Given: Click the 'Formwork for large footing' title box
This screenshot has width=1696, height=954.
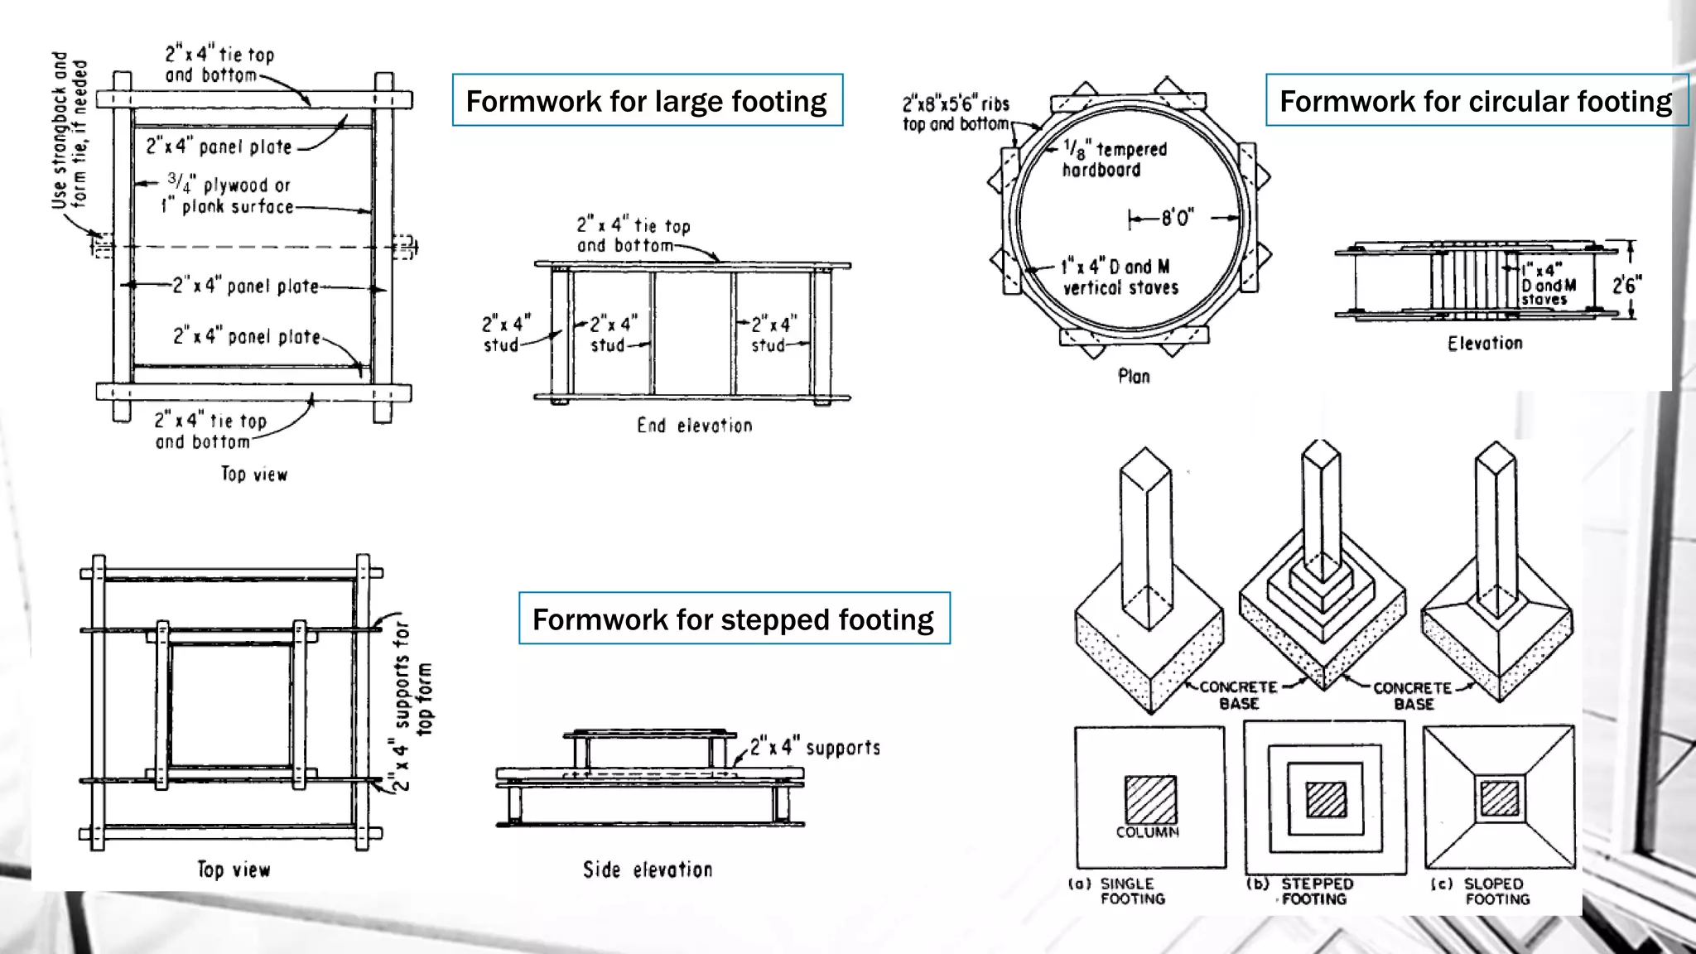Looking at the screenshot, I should (x=647, y=100).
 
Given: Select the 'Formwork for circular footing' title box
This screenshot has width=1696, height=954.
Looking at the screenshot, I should (x=1476, y=100).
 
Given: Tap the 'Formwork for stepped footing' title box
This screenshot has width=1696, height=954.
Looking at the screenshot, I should (x=734, y=619).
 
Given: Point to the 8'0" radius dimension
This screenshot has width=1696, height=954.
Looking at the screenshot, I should (x=1177, y=218).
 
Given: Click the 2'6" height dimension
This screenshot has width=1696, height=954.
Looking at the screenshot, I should (x=1626, y=285).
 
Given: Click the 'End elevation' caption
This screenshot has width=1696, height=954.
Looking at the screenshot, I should (x=694, y=426).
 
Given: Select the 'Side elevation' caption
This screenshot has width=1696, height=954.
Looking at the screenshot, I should (x=648, y=870).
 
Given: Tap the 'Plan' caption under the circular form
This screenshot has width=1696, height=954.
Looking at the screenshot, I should (x=1134, y=376).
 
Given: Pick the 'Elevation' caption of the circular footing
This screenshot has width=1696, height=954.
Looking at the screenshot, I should (x=1485, y=343).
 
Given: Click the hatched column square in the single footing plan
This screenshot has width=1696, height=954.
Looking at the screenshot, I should (x=1150, y=799).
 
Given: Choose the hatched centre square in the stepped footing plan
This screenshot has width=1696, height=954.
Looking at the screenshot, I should (x=1326, y=800).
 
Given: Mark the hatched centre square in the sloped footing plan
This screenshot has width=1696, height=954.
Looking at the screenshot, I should (x=1500, y=798).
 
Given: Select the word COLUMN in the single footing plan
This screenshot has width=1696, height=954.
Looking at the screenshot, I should (x=1147, y=832).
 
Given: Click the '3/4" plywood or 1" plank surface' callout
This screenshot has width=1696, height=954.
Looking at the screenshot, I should (x=228, y=195).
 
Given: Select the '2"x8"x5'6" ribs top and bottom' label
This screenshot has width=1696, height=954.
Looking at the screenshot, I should (x=956, y=113).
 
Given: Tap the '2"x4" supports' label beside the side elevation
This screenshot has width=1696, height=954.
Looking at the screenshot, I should (x=815, y=748).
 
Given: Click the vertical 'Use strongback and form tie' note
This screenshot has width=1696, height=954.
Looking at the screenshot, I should (x=69, y=131).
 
